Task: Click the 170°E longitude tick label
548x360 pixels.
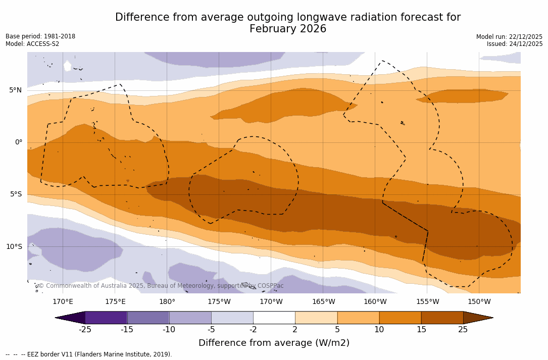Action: [x=63, y=302]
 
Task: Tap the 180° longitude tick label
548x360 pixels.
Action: [x=167, y=302]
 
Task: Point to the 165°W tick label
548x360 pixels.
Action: [x=323, y=302]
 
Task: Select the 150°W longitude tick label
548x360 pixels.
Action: [x=479, y=302]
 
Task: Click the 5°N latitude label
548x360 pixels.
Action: [x=15, y=90]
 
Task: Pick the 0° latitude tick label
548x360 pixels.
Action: [x=18, y=142]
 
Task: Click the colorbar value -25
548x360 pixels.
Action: [x=85, y=330]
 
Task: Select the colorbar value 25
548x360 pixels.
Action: [x=463, y=330]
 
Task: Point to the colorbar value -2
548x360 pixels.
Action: [x=253, y=330]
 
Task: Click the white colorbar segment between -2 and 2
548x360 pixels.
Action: [x=274, y=318]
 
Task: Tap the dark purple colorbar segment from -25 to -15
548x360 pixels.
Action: [x=106, y=318]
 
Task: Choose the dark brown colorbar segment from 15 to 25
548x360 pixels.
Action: [x=442, y=318]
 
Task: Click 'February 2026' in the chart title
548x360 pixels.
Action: [x=288, y=29]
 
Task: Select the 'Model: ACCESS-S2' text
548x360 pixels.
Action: [x=32, y=44]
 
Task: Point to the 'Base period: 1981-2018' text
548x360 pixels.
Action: [x=40, y=36]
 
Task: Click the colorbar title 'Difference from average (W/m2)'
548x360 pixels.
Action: [x=274, y=343]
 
